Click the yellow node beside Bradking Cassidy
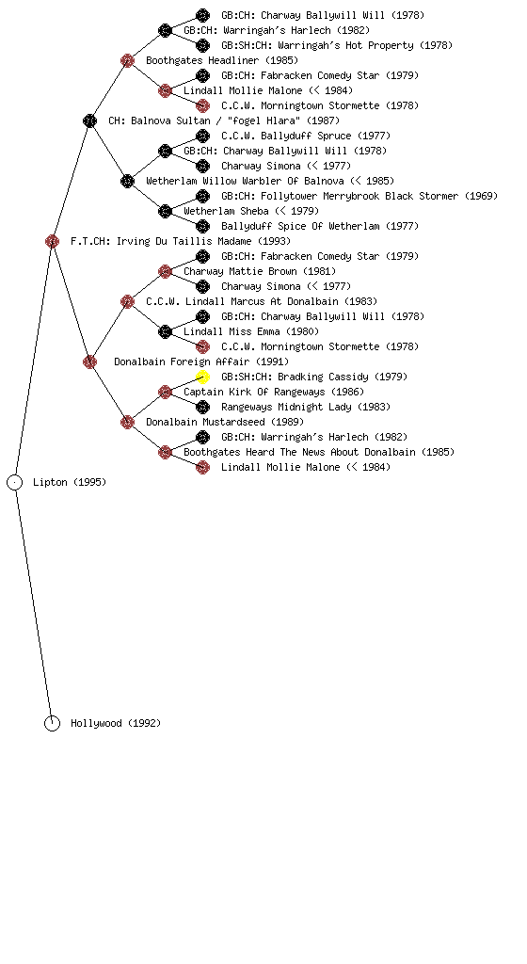point(202,377)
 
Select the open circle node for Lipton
point(15,483)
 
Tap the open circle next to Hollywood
point(52,724)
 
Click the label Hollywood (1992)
point(116,724)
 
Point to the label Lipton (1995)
point(70,483)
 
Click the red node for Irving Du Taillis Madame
point(52,241)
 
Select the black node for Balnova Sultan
point(89,120)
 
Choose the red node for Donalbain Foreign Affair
point(89,361)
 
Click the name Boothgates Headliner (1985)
point(222,60)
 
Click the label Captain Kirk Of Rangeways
point(254,392)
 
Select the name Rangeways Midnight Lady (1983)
point(306,407)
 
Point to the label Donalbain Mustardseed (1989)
point(225,422)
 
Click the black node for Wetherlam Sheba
point(165,211)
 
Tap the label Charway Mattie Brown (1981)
point(260,271)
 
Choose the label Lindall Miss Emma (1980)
point(251,331)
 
